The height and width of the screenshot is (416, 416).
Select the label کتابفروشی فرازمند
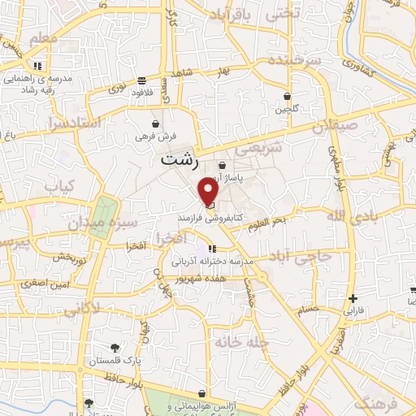209,219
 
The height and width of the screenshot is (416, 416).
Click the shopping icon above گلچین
288,96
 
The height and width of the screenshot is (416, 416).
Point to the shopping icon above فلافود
142,80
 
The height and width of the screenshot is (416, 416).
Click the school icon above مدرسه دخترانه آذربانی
211,249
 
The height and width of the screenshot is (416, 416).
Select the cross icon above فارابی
352,297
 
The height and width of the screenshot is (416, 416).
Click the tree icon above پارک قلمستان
119,345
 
